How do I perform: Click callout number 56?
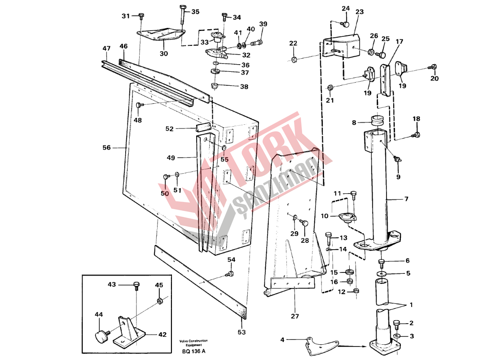[106, 147]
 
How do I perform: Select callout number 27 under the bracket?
[294, 316]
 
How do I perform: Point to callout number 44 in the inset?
[98, 315]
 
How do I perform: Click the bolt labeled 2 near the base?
[396, 324]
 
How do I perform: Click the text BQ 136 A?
[194, 351]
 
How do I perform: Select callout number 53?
[242, 333]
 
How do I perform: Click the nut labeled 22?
[294, 59]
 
